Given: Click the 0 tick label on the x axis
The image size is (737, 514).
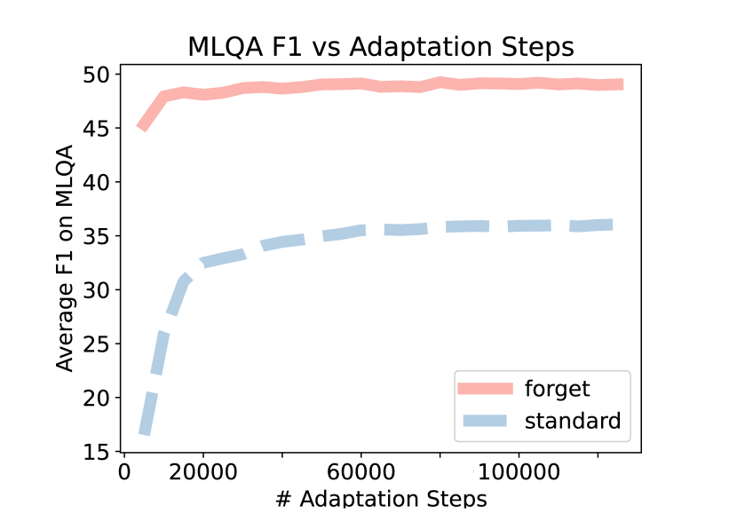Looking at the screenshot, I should pos(124,471).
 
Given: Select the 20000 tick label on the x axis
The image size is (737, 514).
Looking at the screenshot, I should pos(203,471).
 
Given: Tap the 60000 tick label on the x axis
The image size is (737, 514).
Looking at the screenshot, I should pos(361,471).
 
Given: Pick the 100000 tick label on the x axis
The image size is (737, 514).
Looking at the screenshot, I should pos(519,471).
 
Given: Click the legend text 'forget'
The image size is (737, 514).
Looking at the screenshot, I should pos(557,389).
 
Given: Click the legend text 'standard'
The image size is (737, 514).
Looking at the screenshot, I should pos(573,421).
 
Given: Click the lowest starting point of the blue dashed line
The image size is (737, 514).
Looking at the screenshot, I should pos(144,432).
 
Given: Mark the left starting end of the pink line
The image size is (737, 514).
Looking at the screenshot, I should pos(140,128).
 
